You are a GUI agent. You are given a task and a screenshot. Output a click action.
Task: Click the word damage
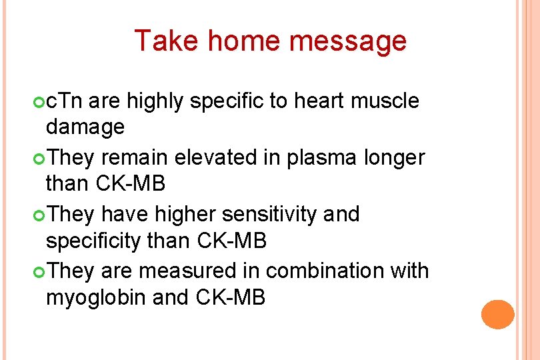coord(85,127)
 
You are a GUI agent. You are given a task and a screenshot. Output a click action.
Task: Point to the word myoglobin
coord(95,297)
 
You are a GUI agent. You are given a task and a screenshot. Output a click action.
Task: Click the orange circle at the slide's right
coord(497,315)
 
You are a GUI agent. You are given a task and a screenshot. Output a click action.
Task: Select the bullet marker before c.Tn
coord(38,102)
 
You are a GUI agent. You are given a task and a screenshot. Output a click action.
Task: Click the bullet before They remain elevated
coord(38,159)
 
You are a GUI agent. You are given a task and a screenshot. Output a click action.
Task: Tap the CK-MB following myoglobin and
coord(231,297)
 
